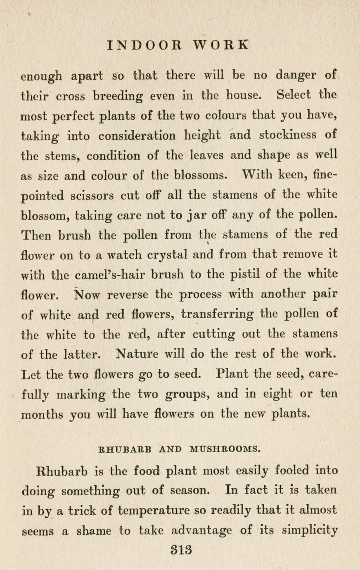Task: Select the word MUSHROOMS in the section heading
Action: click(224, 448)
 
